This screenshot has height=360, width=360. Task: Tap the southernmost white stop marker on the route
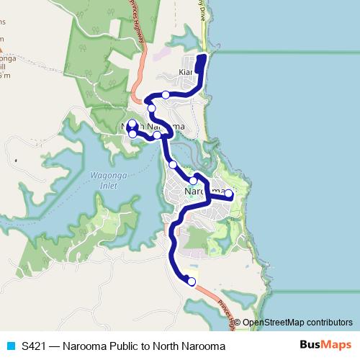[192, 282]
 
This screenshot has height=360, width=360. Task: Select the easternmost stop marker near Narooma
[228, 194]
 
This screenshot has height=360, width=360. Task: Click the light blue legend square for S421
[10, 346]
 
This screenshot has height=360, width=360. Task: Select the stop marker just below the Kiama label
[166, 94]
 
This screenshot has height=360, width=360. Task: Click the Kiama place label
[186, 73]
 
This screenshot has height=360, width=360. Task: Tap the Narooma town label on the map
[202, 192]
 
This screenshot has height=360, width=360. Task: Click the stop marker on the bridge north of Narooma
[173, 165]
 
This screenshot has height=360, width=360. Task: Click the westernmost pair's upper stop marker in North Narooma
[132, 123]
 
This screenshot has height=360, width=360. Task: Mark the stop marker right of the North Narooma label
[157, 135]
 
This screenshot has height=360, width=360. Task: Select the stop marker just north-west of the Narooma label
[193, 181]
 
